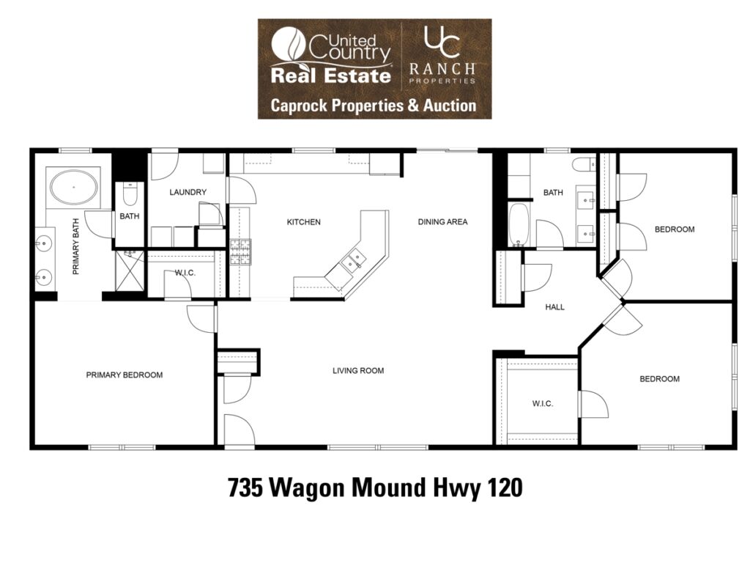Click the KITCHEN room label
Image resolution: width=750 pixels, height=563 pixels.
(x=304, y=222)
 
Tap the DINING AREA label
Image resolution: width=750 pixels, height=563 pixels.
(x=442, y=221)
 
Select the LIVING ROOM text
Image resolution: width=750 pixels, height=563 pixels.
(x=358, y=370)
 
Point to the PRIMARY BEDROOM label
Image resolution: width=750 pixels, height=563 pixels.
(x=125, y=375)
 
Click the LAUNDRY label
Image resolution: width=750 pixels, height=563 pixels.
(x=188, y=192)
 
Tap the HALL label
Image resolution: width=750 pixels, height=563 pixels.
(x=555, y=307)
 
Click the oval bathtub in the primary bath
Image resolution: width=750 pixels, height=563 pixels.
(x=74, y=187)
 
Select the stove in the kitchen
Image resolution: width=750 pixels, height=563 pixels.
(x=240, y=252)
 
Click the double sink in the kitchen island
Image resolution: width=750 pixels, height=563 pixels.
(x=352, y=262)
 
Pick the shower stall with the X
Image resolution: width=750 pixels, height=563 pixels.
(x=130, y=271)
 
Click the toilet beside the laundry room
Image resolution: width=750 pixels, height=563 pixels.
(x=130, y=193)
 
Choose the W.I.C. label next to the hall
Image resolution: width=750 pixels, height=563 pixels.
(x=543, y=404)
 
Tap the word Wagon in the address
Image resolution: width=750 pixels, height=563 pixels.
(x=307, y=488)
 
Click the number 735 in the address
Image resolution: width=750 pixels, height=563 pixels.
(x=245, y=488)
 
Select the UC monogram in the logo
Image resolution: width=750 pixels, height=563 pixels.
(x=442, y=42)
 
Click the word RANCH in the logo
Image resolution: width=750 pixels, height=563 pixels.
(x=442, y=69)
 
